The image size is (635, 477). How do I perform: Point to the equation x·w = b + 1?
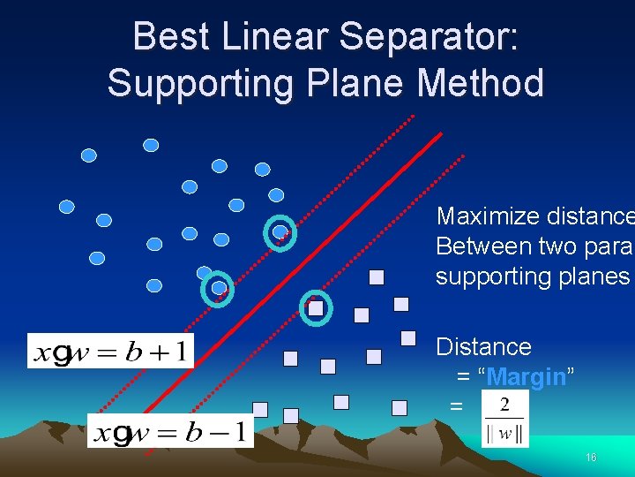coord(110,351)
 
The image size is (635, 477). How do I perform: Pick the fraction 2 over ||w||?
coord(504,420)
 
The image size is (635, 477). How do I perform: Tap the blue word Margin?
coord(526,377)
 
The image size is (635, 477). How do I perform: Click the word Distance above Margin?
coord(483,346)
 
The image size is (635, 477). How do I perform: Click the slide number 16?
coord(591,458)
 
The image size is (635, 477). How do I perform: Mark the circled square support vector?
coord(315,308)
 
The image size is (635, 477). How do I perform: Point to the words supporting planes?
coord(531,276)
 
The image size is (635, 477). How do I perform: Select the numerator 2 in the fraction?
coord(504,405)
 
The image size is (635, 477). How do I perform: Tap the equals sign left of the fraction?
coord(456,407)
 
